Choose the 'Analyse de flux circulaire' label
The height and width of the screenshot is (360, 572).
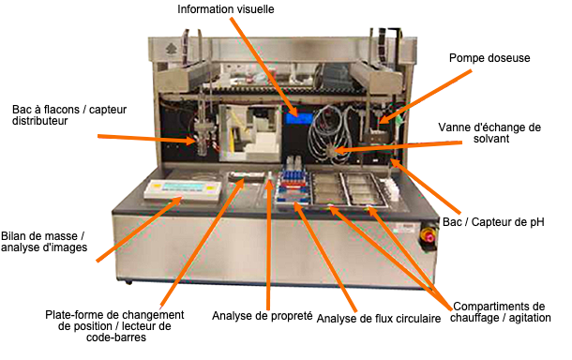point(379,319)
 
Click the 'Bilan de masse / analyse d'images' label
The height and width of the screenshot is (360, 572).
point(44,241)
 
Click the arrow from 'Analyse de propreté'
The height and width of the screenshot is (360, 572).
point(269,244)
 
